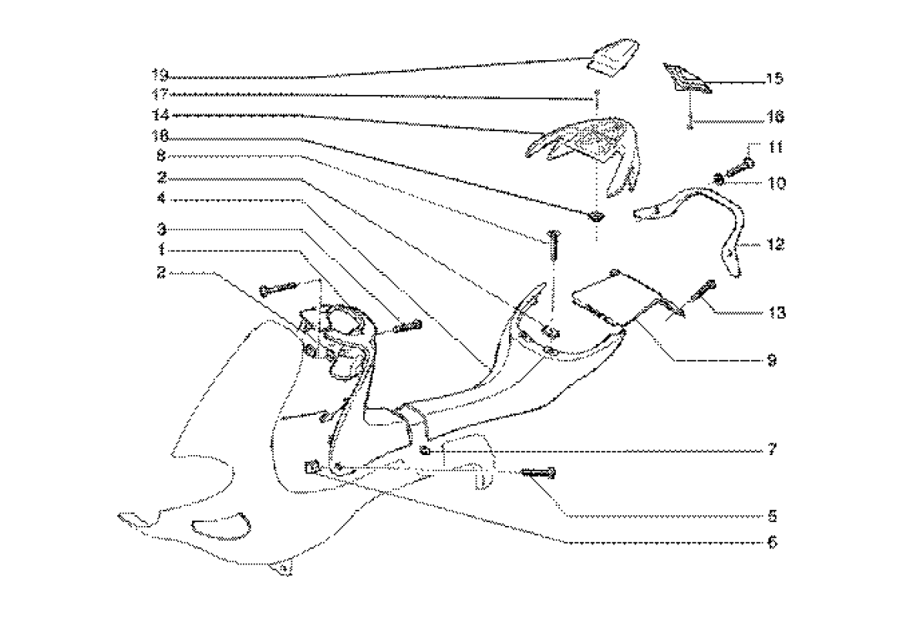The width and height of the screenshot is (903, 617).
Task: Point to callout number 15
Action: click(x=774, y=79)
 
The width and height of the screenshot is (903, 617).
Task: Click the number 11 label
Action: click(x=774, y=146)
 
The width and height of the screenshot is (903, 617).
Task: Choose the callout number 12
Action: click(x=774, y=244)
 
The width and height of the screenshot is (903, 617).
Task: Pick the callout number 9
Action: click(x=771, y=359)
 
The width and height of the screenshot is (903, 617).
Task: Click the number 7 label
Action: click(x=772, y=449)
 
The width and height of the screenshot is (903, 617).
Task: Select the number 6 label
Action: click(x=771, y=542)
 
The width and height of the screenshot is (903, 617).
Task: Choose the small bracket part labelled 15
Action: click(x=684, y=78)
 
